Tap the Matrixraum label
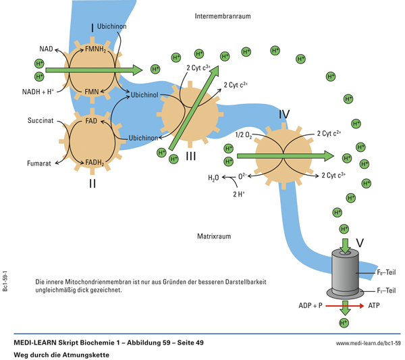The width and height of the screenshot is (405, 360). (215, 236)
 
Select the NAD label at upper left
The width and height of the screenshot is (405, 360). (46, 49)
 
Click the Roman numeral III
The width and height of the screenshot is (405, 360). (191, 157)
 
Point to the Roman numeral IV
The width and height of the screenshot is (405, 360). (285, 115)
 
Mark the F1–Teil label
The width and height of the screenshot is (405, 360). (387, 290)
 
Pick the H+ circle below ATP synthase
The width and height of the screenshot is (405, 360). (344, 324)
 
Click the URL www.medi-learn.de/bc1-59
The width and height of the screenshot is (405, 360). (368, 343)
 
